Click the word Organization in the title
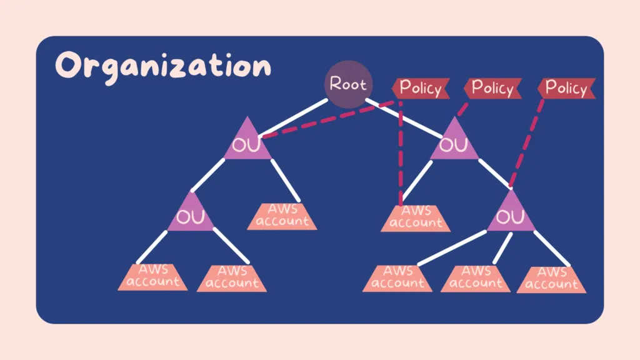163,67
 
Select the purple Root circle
348,84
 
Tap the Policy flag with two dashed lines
420,88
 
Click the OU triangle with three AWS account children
511,214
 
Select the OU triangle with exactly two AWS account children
190,214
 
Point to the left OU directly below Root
247,144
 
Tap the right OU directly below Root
454,144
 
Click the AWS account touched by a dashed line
416,217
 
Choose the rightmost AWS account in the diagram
552,279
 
